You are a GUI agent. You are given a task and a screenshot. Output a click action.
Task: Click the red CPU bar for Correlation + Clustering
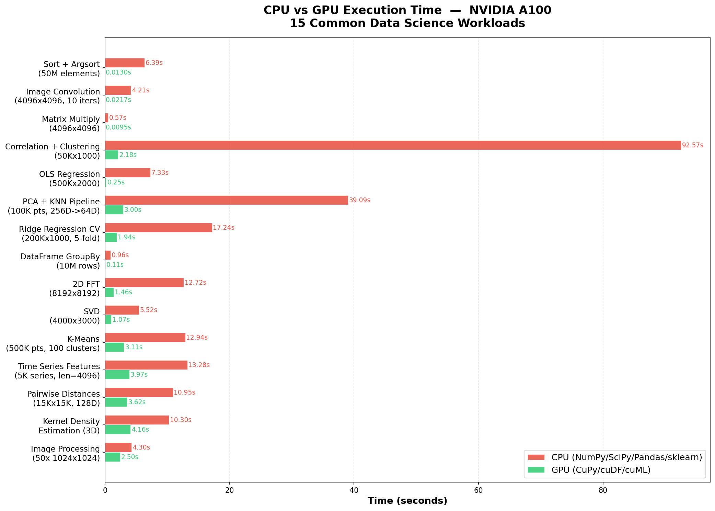point(393,145)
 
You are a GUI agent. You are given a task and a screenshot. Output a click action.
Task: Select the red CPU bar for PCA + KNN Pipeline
point(226,200)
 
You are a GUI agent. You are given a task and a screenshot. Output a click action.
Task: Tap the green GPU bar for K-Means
point(114,347)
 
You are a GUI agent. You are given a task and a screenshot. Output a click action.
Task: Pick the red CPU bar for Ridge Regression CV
point(158,228)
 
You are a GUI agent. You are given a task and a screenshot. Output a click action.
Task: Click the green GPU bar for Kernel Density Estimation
point(118,430)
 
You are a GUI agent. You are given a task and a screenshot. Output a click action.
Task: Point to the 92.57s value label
point(692,145)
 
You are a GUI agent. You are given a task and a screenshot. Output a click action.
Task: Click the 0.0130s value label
point(118,72)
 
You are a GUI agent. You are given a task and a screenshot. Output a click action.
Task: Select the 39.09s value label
point(359,200)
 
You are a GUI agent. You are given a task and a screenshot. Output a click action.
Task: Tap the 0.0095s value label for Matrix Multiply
point(118,127)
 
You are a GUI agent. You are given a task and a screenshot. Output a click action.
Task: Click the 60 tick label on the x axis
point(478,490)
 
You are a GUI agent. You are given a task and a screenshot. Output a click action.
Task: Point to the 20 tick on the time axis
point(229,490)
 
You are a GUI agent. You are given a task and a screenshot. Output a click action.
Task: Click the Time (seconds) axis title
point(407,501)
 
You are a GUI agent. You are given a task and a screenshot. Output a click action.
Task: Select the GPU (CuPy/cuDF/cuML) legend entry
point(601,470)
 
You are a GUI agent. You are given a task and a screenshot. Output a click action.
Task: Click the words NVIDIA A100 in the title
point(510,10)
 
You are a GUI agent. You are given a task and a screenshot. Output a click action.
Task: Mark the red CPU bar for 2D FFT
point(144,283)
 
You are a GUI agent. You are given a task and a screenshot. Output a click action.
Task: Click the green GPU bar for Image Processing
point(113,457)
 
